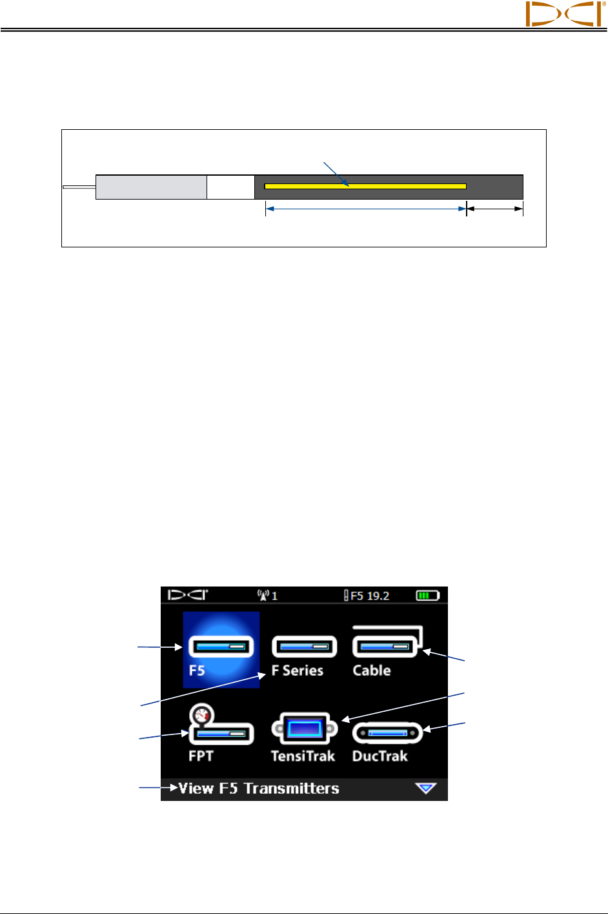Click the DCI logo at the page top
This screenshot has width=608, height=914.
pos(563,14)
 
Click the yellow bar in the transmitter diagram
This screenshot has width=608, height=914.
pos(365,186)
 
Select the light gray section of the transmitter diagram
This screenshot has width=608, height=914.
pos(151,187)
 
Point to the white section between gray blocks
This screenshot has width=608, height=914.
pos(230,187)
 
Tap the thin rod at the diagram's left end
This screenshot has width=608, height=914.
pos(79,187)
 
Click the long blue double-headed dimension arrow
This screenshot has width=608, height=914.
pos(365,209)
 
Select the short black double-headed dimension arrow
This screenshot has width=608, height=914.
pos(494,209)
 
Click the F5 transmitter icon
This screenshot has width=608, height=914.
pos(221,646)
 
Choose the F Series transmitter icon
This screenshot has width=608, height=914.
pos(304,646)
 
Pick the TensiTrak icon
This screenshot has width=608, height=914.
pos(304,729)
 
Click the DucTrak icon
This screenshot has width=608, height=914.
pos(387,733)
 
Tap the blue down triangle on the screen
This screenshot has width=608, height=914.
pos(426,788)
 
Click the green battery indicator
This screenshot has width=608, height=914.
pos(427,595)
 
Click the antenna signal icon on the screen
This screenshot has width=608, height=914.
pos(263,595)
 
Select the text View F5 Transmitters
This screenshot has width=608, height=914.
pos(258,789)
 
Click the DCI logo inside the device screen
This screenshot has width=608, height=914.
pos(188,595)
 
